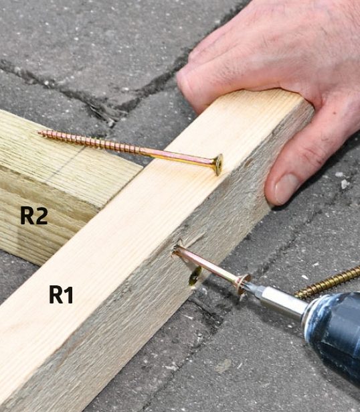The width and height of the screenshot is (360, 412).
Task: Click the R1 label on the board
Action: [61, 295]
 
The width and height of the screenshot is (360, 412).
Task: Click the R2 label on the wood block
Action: [34, 216]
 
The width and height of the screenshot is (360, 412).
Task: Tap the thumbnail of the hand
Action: [286, 188]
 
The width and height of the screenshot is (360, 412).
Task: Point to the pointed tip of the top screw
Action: [39, 133]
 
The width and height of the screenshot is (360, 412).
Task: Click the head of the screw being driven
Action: [244, 285]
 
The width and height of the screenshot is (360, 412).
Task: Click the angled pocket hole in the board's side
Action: [195, 277]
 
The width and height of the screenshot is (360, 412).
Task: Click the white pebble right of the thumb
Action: [345, 184]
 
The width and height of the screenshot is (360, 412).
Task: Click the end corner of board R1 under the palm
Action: [312, 107]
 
